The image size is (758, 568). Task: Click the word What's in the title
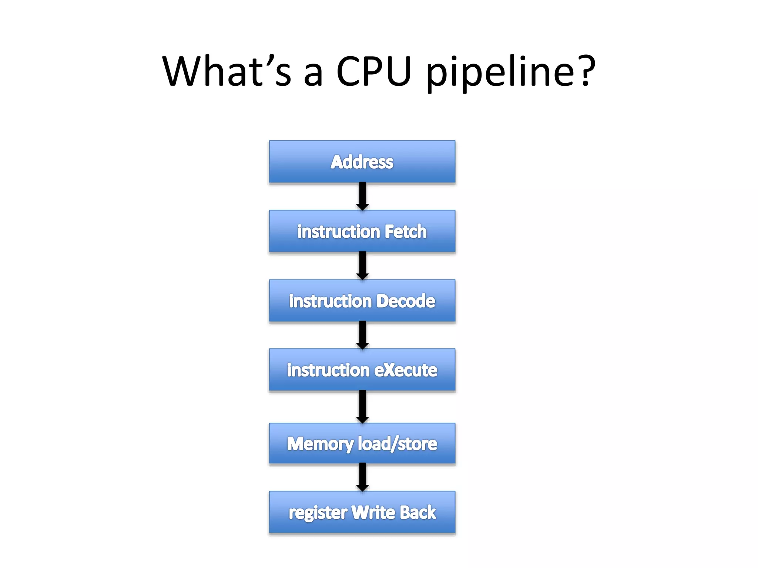click(227, 71)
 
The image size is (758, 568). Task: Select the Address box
click(362, 162)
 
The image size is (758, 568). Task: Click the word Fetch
click(406, 231)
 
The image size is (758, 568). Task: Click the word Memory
click(320, 444)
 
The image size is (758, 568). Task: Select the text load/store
click(398, 444)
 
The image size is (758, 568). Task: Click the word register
click(318, 513)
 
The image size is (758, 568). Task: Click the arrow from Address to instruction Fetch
click(362, 196)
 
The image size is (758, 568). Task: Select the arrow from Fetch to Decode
click(362, 266)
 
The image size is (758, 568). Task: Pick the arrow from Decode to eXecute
click(362, 335)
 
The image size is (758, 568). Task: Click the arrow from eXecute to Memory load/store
click(362, 406)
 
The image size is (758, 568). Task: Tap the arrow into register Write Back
click(362, 477)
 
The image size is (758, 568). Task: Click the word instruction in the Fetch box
click(339, 231)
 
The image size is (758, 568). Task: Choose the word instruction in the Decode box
click(330, 301)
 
